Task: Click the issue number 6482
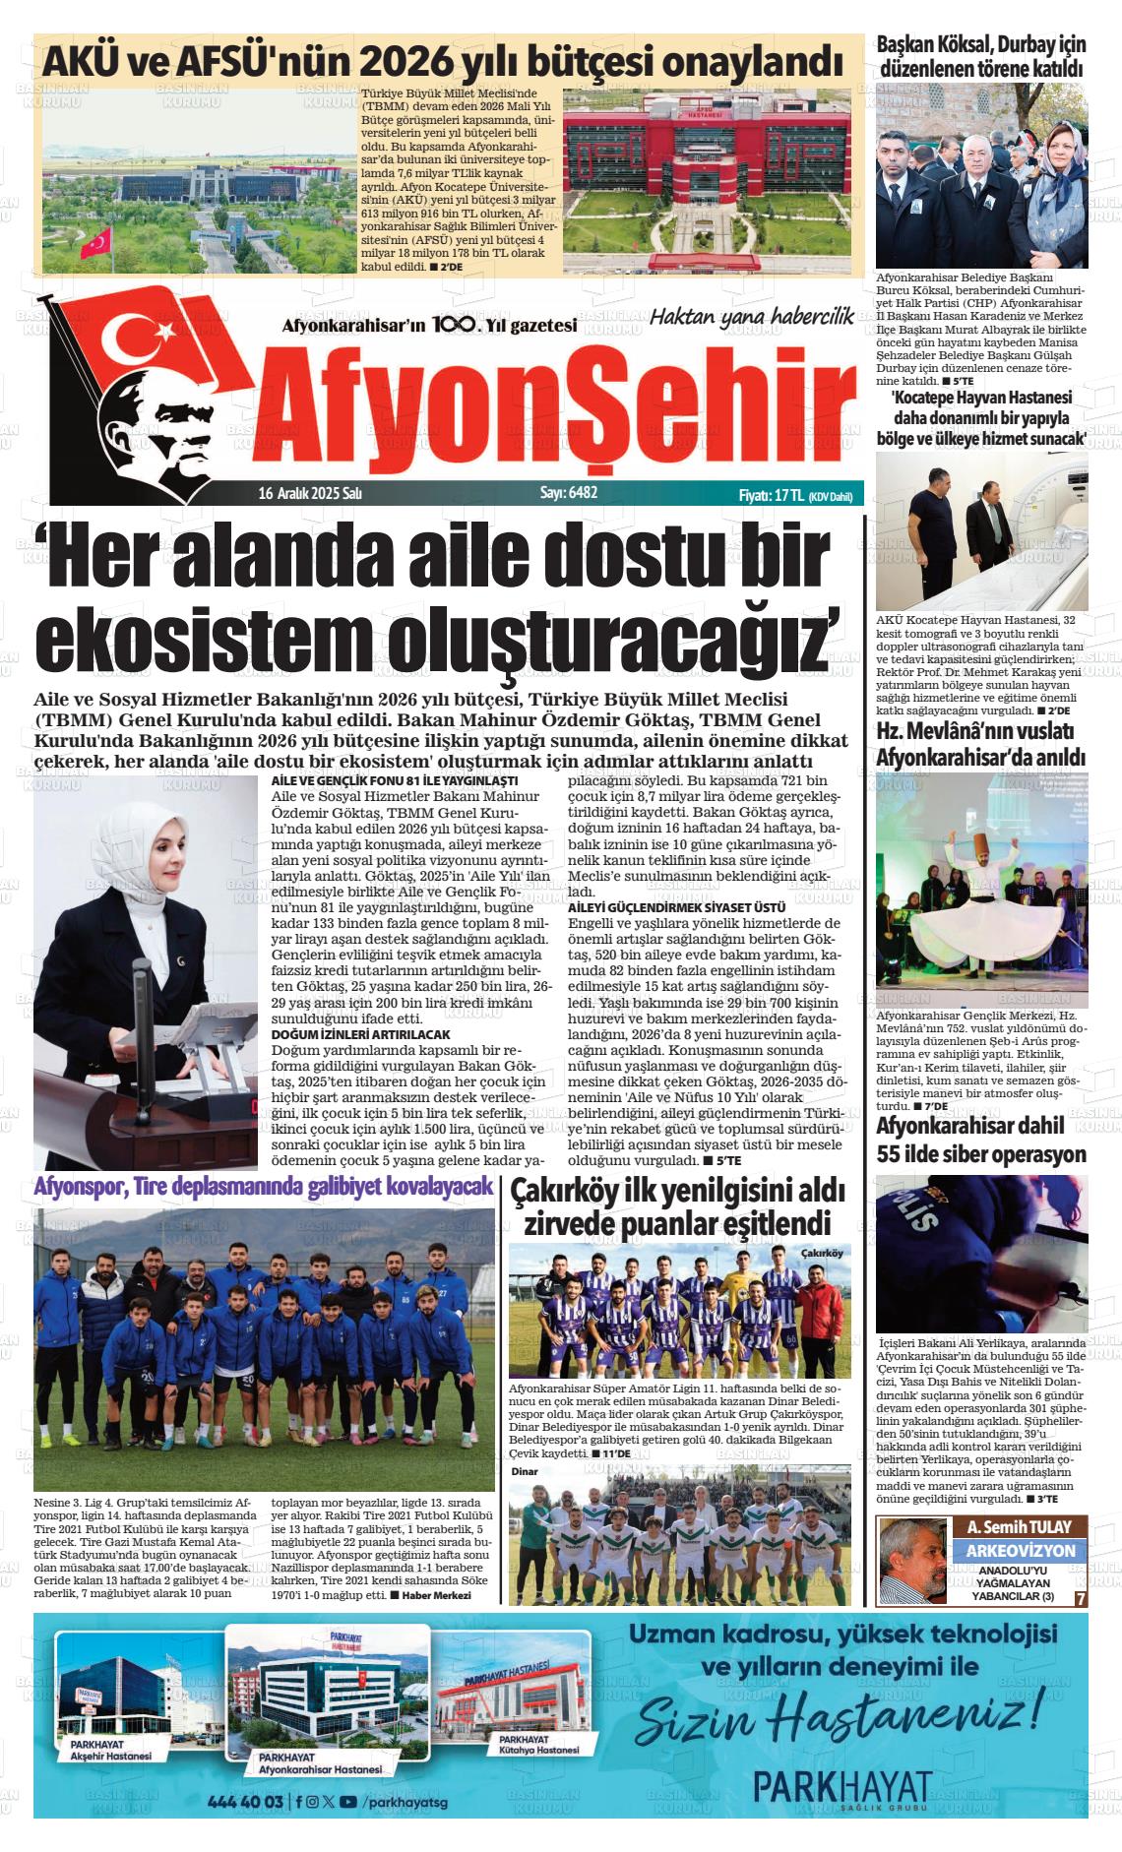(582, 493)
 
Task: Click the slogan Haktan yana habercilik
(751, 317)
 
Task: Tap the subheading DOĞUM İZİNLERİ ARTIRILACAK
(360, 1034)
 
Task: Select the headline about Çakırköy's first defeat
(677, 1207)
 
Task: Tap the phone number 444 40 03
(245, 1802)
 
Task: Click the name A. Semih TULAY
(1019, 1527)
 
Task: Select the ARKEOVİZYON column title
(1020, 1550)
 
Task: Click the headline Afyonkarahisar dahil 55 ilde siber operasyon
(981, 1140)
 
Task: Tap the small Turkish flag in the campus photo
(96, 242)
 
